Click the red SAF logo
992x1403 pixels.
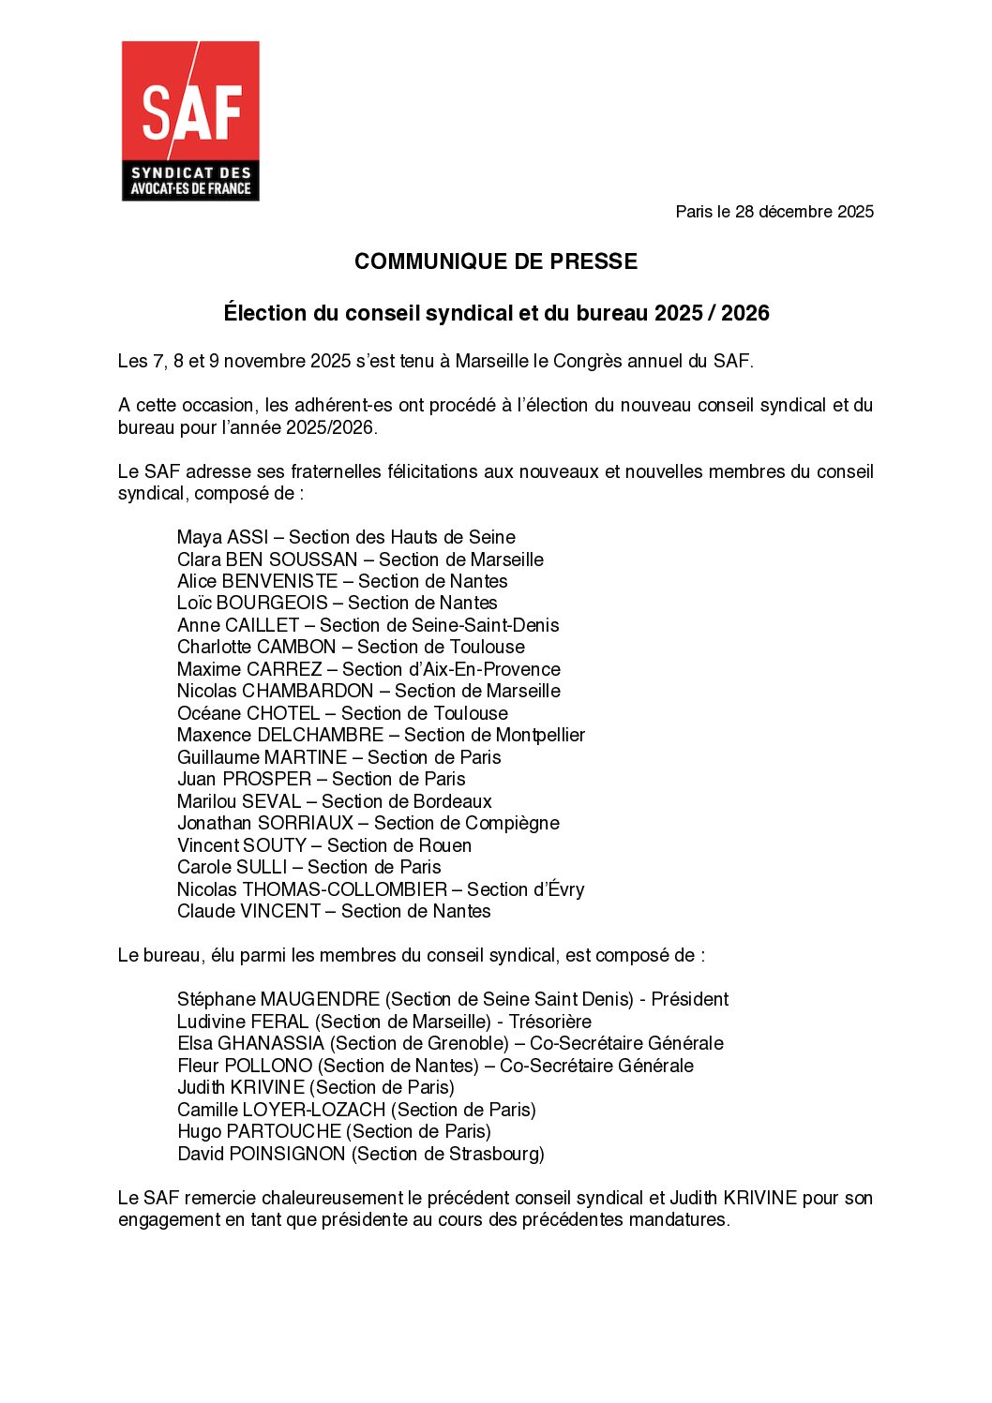pos(190,120)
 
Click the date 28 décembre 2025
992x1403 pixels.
pos(804,212)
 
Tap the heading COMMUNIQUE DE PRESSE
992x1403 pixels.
pos(496,261)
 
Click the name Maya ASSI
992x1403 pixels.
pos(222,537)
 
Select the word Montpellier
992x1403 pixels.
pos(540,735)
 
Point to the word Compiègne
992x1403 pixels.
pos(513,823)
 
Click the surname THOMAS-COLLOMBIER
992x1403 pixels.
pos(345,889)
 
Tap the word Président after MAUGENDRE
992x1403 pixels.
pos(689,999)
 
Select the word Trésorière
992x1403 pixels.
pos(549,1022)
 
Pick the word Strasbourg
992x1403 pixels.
pos(493,1154)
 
